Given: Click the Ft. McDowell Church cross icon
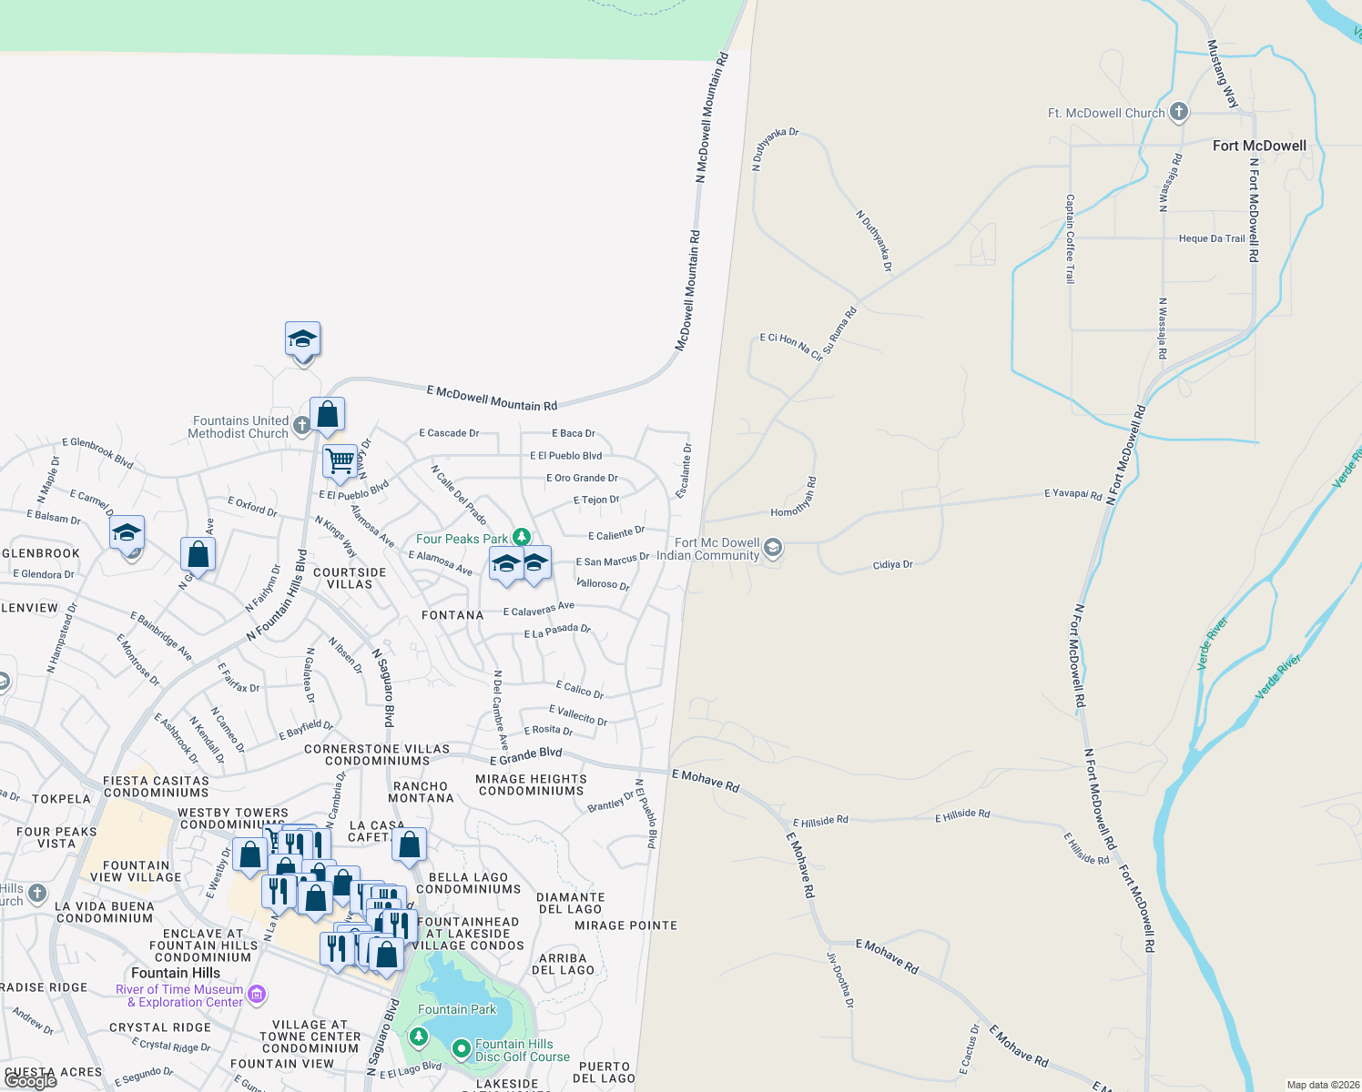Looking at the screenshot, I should (x=1179, y=112).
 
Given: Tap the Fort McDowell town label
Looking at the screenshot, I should (x=1259, y=146).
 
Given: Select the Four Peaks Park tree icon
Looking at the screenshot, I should (x=521, y=537).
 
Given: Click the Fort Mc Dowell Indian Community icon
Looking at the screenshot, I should (x=773, y=548).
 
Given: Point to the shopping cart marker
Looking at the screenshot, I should (x=340, y=460).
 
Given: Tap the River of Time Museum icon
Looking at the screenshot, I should (x=257, y=994).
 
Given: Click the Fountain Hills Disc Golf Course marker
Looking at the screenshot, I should (x=462, y=1049).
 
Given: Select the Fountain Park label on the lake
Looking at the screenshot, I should (x=457, y=1009).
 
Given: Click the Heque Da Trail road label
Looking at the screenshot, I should (x=1212, y=238).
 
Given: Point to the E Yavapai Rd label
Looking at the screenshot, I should (x=1072, y=495).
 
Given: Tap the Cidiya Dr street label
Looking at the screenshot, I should (x=892, y=565).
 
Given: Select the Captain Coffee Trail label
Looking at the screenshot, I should (x=1071, y=238).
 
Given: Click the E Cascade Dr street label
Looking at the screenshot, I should (x=449, y=433).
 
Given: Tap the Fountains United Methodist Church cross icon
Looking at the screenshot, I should (x=302, y=424).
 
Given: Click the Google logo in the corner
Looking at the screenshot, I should (x=31, y=1080).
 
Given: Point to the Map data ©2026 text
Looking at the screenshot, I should (x=1323, y=1085).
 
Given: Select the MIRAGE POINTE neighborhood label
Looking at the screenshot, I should (x=625, y=925).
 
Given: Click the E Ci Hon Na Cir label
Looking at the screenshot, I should (x=791, y=347).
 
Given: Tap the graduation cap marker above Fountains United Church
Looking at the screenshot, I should (x=302, y=340).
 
